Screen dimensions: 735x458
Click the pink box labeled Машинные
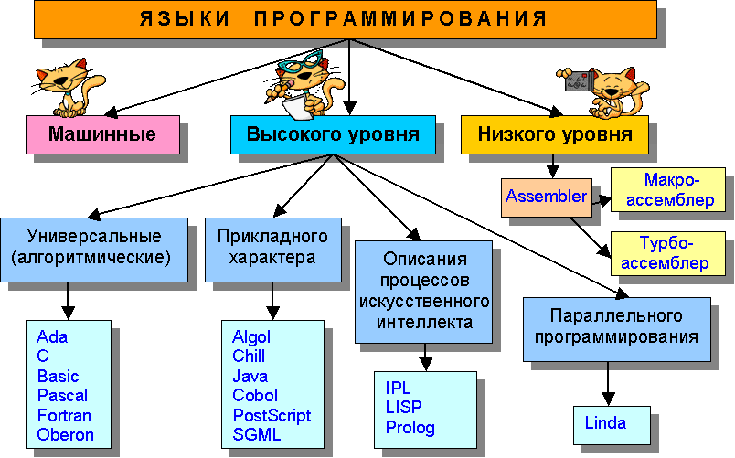click(x=101, y=135)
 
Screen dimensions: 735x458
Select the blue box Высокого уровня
click(x=332, y=135)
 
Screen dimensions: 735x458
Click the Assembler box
click(x=546, y=196)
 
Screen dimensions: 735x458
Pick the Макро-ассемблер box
click(x=666, y=189)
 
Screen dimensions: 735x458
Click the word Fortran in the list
click(x=64, y=415)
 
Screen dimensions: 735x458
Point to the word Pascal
click(x=62, y=396)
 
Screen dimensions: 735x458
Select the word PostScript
click(x=272, y=415)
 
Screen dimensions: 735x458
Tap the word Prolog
click(x=410, y=427)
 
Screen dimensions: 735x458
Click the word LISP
click(x=403, y=408)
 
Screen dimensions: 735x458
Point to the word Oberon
click(x=65, y=434)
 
